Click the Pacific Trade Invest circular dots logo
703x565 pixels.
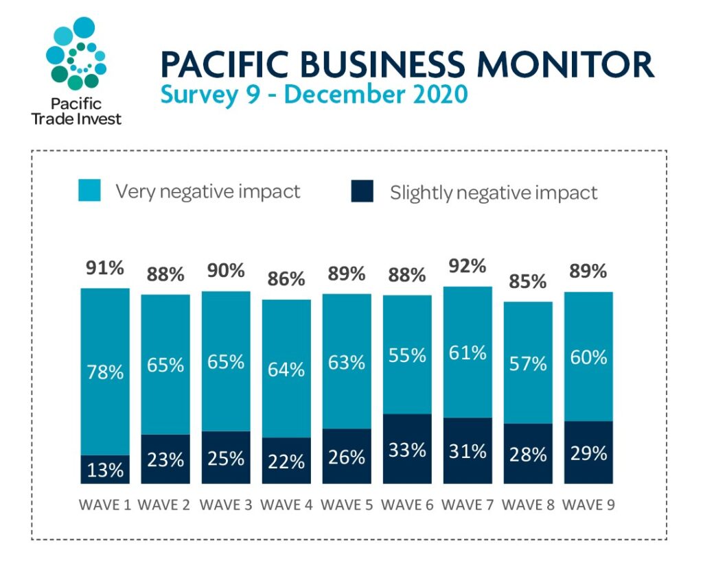pyautogui.click(x=76, y=53)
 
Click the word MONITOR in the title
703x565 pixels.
pyautogui.click(x=566, y=64)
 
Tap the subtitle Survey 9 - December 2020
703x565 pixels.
pyautogui.click(x=314, y=95)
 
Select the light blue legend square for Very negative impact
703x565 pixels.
pyautogui.click(x=89, y=190)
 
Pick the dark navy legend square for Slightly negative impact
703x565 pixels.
pyautogui.click(x=362, y=191)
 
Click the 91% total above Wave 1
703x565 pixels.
pyautogui.click(x=105, y=267)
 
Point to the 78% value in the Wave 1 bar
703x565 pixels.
pyautogui.click(x=105, y=372)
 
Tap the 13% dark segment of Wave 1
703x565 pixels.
pyautogui.click(x=105, y=470)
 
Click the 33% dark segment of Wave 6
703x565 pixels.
pyautogui.click(x=407, y=448)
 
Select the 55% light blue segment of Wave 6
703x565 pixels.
pyautogui.click(x=407, y=354)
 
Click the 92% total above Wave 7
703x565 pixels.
pyautogui.click(x=468, y=266)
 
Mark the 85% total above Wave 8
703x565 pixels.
pyautogui.click(x=528, y=282)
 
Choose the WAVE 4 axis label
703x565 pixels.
pyautogui.click(x=286, y=505)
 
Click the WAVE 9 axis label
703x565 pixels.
pyautogui.click(x=588, y=505)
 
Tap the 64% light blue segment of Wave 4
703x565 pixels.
pyautogui.click(x=286, y=369)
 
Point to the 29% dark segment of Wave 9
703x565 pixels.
pyautogui.click(x=588, y=453)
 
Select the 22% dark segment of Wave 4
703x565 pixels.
pyautogui.click(x=286, y=461)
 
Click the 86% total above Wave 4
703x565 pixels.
pyautogui.click(x=286, y=279)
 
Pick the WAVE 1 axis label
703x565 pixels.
pyautogui.click(x=105, y=505)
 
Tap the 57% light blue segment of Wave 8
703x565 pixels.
pyautogui.click(x=528, y=363)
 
